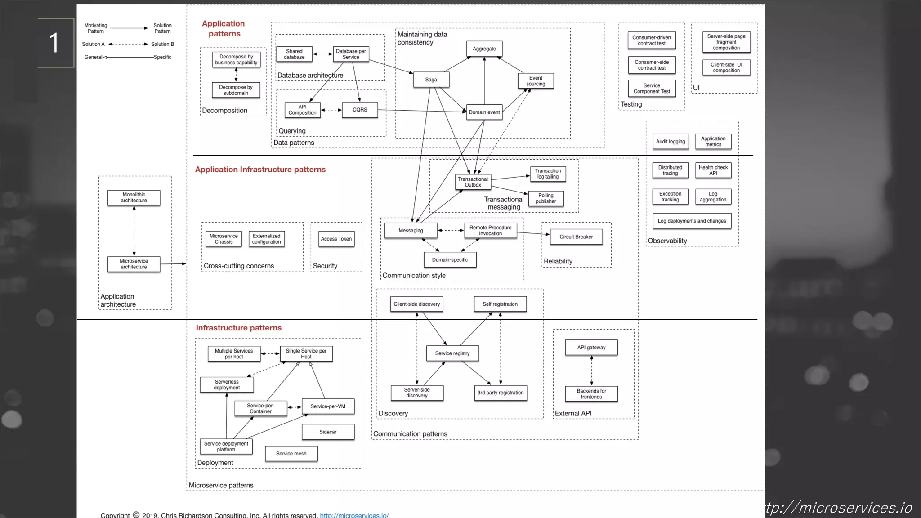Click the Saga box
pyautogui.click(x=431, y=80)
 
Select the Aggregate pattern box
pyautogui.click(x=484, y=49)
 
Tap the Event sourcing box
pyautogui.click(x=535, y=81)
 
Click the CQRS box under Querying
pyautogui.click(x=359, y=110)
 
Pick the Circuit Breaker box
pyautogui.click(x=576, y=237)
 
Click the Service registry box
pyautogui.click(x=452, y=353)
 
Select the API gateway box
pyautogui.click(x=591, y=348)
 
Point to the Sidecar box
pyautogui.click(x=328, y=432)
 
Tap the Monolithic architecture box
pyautogui.click(x=134, y=198)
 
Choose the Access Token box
pyautogui.click(x=336, y=239)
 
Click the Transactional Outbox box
pyautogui.click(x=473, y=182)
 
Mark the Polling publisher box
pyautogui.click(x=545, y=198)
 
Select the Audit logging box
pyautogui.click(x=670, y=142)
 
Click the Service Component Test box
pyautogui.click(x=651, y=89)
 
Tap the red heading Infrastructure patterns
pyautogui.click(x=238, y=328)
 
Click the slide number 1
pyautogui.click(x=54, y=43)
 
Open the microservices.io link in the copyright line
pyautogui.click(x=354, y=515)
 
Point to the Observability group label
pyautogui.click(x=667, y=241)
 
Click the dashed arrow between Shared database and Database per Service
pyautogui.click(x=322, y=54)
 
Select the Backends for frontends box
pyautogui.click(x=591, y=394)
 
